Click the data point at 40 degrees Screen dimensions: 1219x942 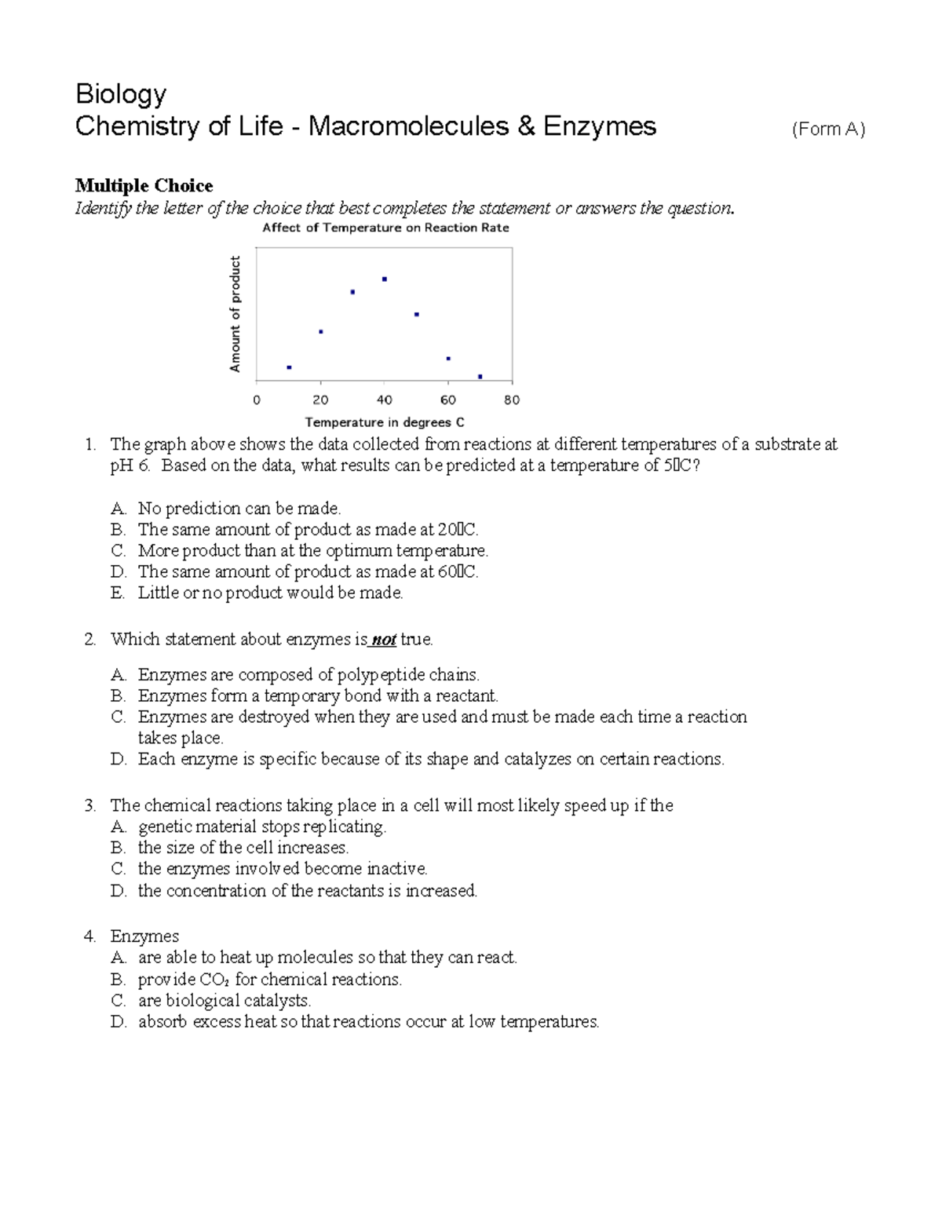[x=384, y=279]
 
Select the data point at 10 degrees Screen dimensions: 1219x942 [x=289, y=367]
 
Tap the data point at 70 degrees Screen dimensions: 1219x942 [x=480, y=377]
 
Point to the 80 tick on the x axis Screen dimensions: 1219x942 [x=512, y=400]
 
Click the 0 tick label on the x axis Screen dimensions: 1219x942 [x=257, y=400]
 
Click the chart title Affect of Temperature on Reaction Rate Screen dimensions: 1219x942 [x=385, y=228]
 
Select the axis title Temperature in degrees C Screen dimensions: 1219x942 [x=385, y=422]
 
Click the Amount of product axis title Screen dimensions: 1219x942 [x=235, y=314]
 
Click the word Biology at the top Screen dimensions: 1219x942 [x=121, y=94]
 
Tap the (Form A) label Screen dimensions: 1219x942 [x=828, y=130]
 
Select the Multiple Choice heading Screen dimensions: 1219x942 [x=144, y=185]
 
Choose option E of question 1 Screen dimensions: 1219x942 [x=118, y=593]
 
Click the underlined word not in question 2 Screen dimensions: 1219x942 [x=383, y=640]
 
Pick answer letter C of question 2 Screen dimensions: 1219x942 [x=118, y=717]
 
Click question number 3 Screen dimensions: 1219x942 [x=89, y=805]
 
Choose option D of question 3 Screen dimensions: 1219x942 [x=118, y=891]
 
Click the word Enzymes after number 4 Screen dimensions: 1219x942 [x=144, y=936]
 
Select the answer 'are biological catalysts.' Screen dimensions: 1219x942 [x=225, y=1001]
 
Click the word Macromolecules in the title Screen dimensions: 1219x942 [x=408, y=126]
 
